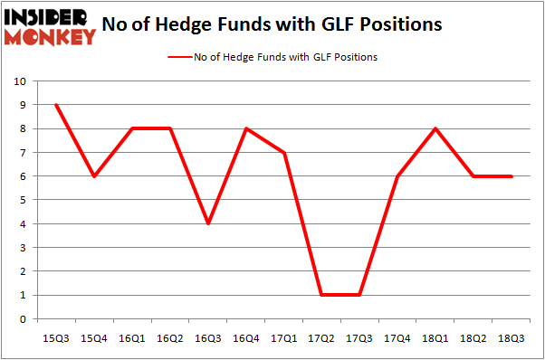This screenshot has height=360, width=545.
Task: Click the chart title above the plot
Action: tap(272, 24)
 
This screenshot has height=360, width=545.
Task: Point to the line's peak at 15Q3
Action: tap(57, 105)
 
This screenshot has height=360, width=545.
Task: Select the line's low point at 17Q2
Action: tap(322, 295)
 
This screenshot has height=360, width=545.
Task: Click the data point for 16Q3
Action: tap(208, 223)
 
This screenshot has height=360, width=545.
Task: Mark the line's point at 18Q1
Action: tap(436, 128)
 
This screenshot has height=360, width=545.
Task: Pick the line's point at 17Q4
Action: tap(398, 176)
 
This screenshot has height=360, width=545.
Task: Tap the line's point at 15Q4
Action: tap(94, 176)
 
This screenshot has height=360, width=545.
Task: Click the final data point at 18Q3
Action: tap(512, 176)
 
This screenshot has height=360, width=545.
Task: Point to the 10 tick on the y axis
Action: tap(19, 81)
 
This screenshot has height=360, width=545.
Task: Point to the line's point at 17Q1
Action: tap(284, 153)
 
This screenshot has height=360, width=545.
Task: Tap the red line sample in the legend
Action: tap(178, 57)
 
